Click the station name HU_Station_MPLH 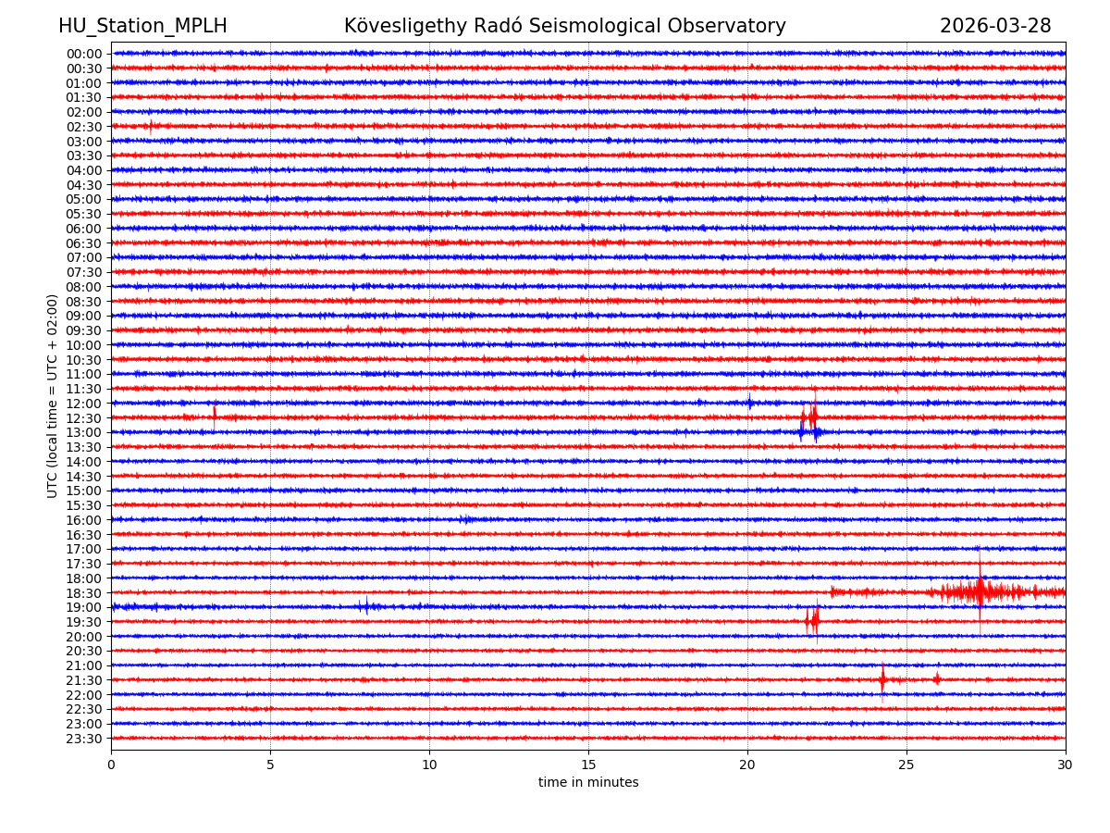[142, 26]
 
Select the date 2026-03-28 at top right [995, 26]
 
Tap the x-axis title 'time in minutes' [588, 783]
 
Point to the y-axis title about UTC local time [53, 396]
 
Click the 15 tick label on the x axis [588, 765]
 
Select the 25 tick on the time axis [906, 765]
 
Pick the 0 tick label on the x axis [111, 765]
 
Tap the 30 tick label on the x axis [1066, 765]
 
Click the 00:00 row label [83, 54]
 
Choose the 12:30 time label [83, 418]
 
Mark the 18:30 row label [83, 593]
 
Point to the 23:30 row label [83, 739]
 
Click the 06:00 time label [83, 229]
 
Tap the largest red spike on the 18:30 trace [980, 591]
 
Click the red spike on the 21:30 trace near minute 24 [882, 679]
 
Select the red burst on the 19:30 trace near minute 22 [812, 620]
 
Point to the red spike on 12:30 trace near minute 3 [215, 414]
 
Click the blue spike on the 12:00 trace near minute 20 [749, 402]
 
